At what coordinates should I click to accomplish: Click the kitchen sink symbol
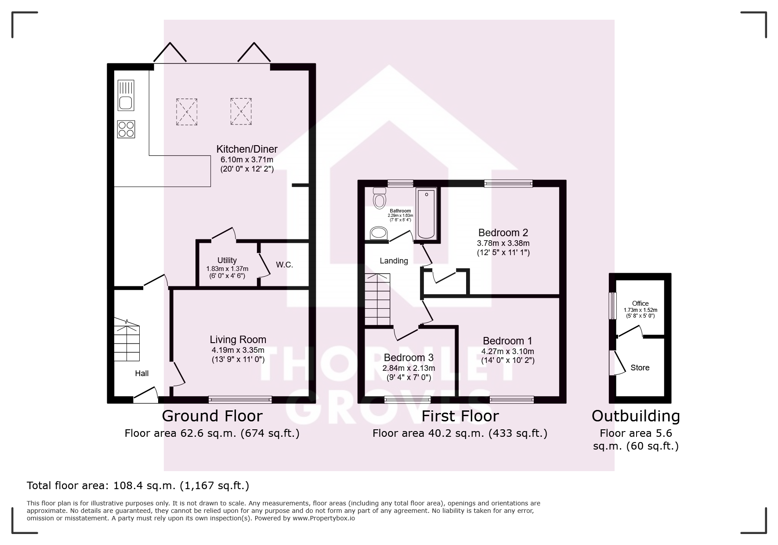tap(126, 95)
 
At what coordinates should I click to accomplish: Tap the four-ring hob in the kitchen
tap(126, 129)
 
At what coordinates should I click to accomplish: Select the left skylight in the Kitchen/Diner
tap(187, 112)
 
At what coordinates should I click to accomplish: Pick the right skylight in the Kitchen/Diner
tap(241, 112)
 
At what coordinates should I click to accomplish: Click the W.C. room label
tap(284, 265)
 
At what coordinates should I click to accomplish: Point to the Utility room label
tap(227, 260)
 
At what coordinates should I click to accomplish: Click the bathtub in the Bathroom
tap(426, 213)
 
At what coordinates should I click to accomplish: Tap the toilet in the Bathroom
tap(378, 198)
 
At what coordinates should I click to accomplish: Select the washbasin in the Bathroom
tap(379, 233)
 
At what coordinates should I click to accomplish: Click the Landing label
tap(394, 261)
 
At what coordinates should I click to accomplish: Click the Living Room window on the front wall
tap(240, 399)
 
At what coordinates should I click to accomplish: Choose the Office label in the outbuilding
tap(640, 304)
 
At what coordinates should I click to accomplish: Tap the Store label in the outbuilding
tap(640, 368)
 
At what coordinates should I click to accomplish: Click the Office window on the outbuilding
tap(612, 306)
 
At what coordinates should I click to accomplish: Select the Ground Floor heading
tap(212, 416)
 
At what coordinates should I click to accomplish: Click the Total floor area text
tap(138, 486)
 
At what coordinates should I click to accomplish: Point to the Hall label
tap(141, 373)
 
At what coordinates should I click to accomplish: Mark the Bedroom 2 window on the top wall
tap(508, 184)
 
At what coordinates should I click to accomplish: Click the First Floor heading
tap(460, 416)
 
